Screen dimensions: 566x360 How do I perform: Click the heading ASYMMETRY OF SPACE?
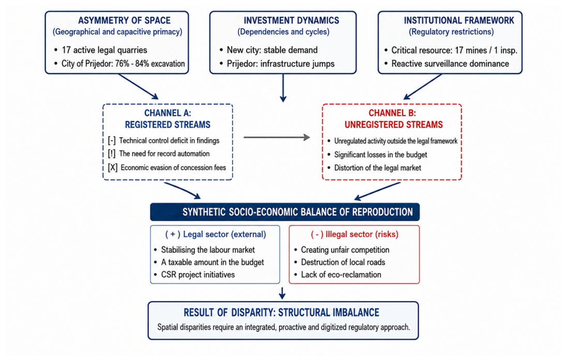point(124,21)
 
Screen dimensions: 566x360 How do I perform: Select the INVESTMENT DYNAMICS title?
point(291,21)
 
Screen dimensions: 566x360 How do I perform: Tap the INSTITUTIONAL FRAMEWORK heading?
point(459,21)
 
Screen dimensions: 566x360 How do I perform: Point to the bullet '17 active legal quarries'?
point(105,50)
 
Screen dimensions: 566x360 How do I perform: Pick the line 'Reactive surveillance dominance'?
point(450,64)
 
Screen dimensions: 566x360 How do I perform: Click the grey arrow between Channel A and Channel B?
point(277,138)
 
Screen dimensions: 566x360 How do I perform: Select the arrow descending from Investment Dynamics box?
point(283,88)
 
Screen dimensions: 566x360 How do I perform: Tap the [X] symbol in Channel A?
point(113,168)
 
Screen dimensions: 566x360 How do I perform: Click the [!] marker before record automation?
point(112,154)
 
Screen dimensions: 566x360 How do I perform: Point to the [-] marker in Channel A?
point(112,140)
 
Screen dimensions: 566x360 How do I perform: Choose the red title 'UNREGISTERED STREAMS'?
point(393,125)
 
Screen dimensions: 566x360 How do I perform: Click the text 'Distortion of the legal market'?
point(378,168)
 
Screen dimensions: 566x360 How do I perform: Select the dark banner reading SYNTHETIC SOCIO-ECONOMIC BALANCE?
point(285,212)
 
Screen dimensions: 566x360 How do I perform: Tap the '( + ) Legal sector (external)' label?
point(216,234)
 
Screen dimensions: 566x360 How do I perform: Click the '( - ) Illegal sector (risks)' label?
point(354,234)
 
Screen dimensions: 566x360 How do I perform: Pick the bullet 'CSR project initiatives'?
point(198,275)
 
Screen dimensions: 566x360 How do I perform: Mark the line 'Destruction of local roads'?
point(343,262)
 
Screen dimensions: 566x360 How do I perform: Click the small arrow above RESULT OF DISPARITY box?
point(282,293)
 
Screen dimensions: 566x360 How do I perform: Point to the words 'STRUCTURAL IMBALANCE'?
point(329,312)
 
